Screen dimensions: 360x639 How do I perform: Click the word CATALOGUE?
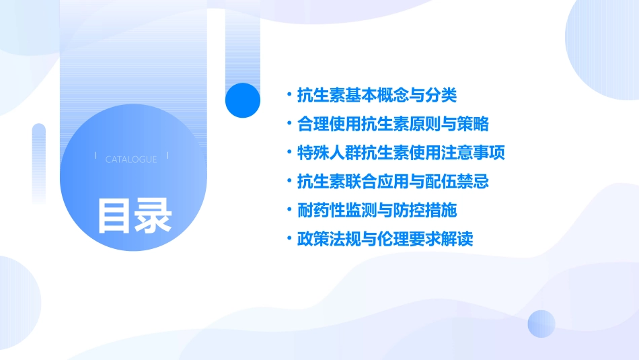pyautogui.click(x=131, y=159)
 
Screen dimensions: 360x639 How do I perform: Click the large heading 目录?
pyautogui.click(x=135, y=215)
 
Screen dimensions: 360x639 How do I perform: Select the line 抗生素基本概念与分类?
pyautogui.click(x=377, y=96)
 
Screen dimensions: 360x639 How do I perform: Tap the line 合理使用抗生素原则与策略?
pyautogui.click(x=392, y=124)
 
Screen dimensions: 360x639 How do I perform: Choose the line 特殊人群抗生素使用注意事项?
pyautogui.click(x=400, y=153)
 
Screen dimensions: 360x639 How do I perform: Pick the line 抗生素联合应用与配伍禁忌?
pyautogui.click(x=392, y=182)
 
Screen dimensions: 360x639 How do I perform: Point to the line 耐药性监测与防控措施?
pyautogui.click(x=377, y=211)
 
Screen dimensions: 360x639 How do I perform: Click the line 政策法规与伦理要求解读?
pyautogui.click(x=385, y=240)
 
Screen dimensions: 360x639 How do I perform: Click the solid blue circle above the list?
pyautogui.click(x=243, y=100)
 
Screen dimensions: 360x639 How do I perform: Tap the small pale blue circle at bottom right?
pyautogui.click(x=541, y=324)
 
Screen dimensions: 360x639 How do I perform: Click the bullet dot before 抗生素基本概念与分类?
pyautogui.click(x=289, y=96)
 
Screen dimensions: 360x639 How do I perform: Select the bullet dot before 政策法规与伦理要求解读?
pyautogui.click(x=289, y=240)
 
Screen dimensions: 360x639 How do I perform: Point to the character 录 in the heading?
pyautogui.click(x=153, y=215)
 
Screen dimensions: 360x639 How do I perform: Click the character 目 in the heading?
pyautogui.click(x=115, y=215)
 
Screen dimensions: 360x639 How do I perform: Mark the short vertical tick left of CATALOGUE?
pyautogui.click(x=96, y=156)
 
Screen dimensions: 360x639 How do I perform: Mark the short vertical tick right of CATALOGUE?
pyautogui.click(x=167, y=156)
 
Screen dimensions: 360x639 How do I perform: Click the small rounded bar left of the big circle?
pyautogui.click(x=39, y=161)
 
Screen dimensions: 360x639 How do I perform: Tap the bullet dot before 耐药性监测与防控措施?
pyautogui.click(x=289, y=211)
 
